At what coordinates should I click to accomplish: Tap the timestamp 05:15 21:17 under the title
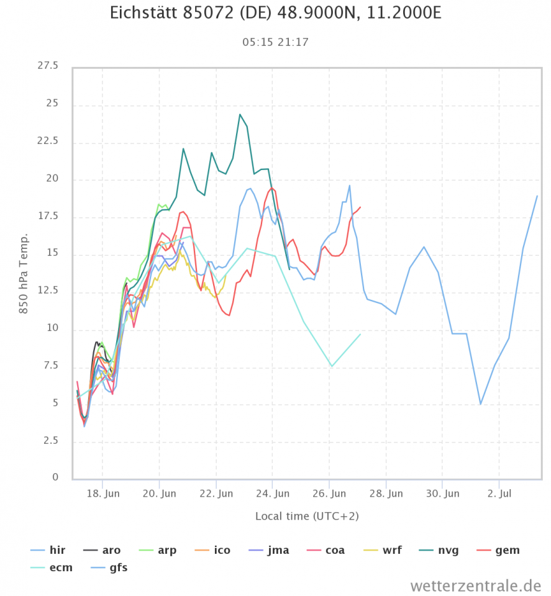pos(275,42)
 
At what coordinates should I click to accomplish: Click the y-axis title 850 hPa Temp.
pos(24,273)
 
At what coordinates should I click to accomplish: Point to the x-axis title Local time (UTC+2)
pos(307,516)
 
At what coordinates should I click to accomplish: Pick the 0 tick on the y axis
pos(55,477)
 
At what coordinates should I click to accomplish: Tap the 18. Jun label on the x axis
pos(102,494)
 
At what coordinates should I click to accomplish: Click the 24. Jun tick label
pos(273,494)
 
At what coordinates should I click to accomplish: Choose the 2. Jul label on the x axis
pos(499,494)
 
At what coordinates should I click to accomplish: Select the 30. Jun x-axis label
pos(442,494)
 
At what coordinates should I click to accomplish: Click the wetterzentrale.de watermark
pos(475,585)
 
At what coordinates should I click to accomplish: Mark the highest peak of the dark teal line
pos(240,114)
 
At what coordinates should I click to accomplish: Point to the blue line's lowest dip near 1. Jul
pos(480,404)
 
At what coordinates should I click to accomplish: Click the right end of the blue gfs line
pos(537,196)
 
